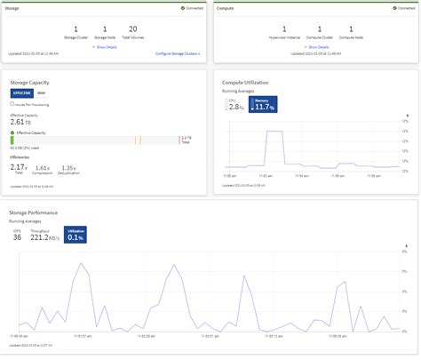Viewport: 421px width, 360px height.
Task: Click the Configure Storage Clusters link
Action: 178,53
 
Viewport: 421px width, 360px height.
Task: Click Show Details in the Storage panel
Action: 107,46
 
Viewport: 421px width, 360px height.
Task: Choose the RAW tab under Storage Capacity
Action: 41,92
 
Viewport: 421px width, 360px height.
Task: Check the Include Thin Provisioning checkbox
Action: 12,103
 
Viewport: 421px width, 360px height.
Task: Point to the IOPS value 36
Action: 17,237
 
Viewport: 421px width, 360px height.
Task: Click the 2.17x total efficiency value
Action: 19,166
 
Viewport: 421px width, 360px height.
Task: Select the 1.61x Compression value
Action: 55,167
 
